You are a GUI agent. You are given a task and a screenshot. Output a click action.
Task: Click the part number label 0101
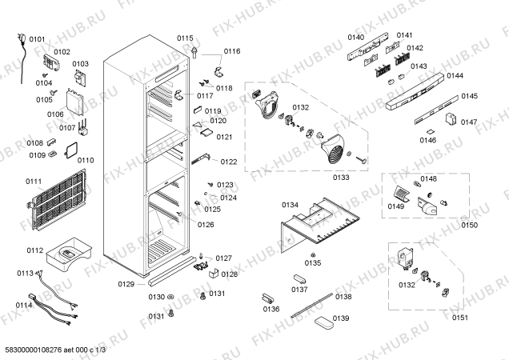(x=37, y=38)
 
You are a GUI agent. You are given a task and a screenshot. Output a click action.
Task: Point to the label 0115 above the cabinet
(x=186, y=38)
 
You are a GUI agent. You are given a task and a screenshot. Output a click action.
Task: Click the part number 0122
(x=230, y=162)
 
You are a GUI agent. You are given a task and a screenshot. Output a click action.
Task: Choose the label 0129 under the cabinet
(x=126, y=284)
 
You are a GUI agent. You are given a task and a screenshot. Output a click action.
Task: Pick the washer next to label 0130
(x=171, y=298)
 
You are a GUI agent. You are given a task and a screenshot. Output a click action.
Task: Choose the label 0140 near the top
(x=355, y=38)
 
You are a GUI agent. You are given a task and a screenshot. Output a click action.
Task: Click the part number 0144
(x=455, y=76)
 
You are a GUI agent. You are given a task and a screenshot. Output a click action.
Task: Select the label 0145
(x=469, y=96)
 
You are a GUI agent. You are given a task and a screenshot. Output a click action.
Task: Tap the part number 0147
(x=469, y=122)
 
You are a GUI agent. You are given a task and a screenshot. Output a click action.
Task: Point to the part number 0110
(x=86, y=160)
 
